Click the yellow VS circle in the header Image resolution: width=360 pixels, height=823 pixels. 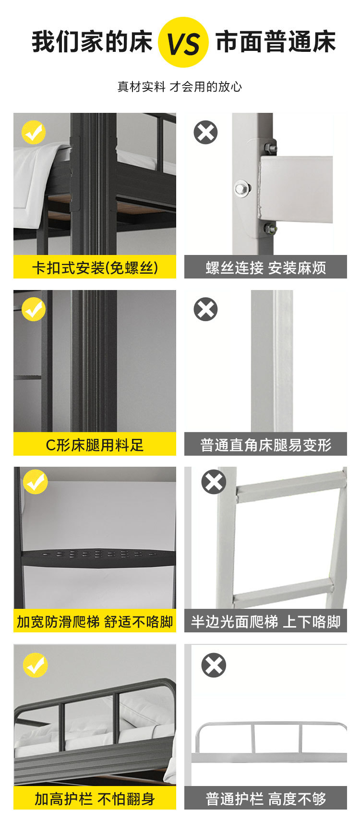(183, 42)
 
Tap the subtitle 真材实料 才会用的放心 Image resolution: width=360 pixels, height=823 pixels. (180, 87)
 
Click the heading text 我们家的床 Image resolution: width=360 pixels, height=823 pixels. (92, 42)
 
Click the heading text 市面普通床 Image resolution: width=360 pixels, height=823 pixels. (276, 42)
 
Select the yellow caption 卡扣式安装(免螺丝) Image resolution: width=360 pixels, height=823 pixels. (95, 267)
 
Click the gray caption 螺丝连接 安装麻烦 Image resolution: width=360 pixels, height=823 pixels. (265, 267)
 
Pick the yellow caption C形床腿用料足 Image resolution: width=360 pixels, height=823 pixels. (95, 445)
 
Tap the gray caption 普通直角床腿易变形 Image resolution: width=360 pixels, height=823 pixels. (265, 445)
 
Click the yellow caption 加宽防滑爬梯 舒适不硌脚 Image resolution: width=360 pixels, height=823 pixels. (95, 622)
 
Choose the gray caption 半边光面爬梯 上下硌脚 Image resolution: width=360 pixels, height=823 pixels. (265, 622)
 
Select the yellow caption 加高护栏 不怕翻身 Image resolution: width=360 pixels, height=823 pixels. (95, 799)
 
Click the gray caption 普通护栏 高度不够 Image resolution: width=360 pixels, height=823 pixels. (265, 799)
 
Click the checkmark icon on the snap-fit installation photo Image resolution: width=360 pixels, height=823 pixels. (34, 133)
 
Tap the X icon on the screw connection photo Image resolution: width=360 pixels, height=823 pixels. (205, 133)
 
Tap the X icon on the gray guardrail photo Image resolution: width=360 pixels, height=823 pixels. (214, 666)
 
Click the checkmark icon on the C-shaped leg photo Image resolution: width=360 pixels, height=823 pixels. (34, 309)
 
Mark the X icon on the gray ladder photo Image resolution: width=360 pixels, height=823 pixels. (214, 482)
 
